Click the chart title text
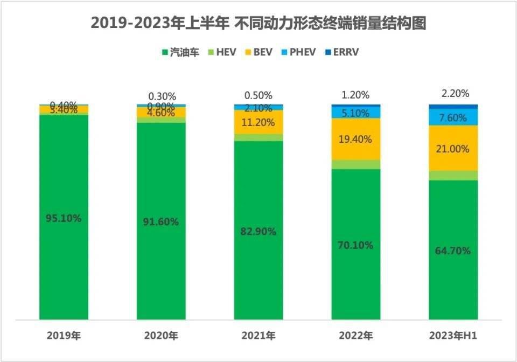click(x=258, y=23)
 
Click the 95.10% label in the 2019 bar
click(x=64, y=218)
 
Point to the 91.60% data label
click(x=161, y=221)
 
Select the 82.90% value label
click(x=258, y=232)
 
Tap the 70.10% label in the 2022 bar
click(x=356, y=245)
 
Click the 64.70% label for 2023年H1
click(x=453, y=250)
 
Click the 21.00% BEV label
click(x=453, y=149)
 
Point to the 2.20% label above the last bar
click(x=453, y=94)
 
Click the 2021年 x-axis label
click(x=258, y=336)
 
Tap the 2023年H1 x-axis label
click(x=453, y=336)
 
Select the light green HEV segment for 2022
click(x=356, y=164)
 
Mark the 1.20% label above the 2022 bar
click(x=356, y=95)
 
